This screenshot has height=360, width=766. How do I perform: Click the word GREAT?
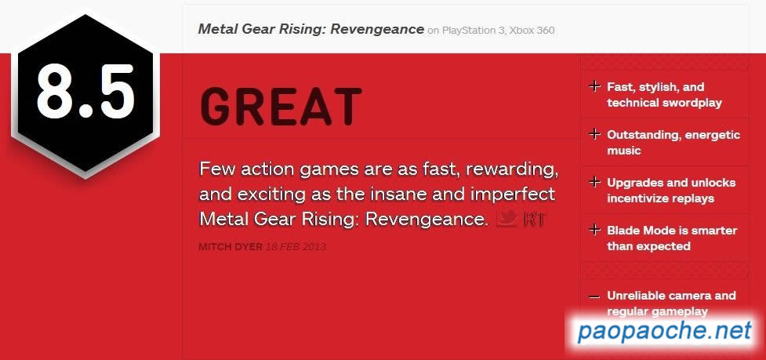pyautogui.click(x=281, y=107)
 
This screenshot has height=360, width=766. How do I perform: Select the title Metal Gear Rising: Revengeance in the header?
pyautogui.click(x=310, y=29)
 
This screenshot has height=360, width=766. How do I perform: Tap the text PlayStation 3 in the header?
pyautogui.click(x=473, y=31)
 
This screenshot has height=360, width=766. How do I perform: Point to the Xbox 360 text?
pyautogui.click(x=532, y=31)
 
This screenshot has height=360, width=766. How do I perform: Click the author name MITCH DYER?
pyautogui.click(x=231, y=247)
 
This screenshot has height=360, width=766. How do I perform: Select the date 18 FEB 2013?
pyautogui.click(x=296, y=247)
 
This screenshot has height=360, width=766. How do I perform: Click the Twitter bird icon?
pyautogui.click(x=506, y=218)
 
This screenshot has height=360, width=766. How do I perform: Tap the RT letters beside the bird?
pyautogui.click(x=535, y=220)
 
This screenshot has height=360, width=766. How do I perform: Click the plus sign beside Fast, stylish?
pyautogui.click(x=594, y=87)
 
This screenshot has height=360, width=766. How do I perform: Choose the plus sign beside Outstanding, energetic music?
pyautogui.click(x=594, y=134)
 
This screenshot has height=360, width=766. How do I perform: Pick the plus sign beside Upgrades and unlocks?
pyautogui.click(x=594, y=182)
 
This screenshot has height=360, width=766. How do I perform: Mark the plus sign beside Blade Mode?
pyautogui.click(x=594, y=230)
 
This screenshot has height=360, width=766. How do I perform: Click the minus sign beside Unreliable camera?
pyautogui.click(x=594, y=296)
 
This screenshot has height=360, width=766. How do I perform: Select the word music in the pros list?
pyautogui.click(x=623, y=151)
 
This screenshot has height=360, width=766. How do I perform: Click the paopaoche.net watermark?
pyautogui.click(x=664, y=332)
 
